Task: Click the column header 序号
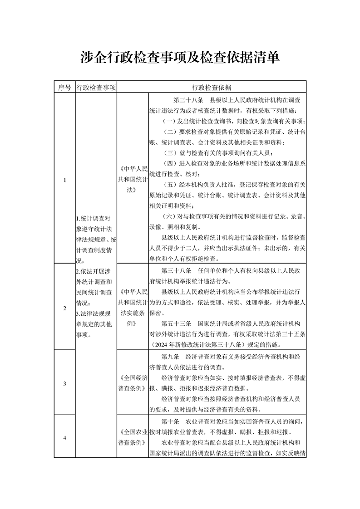click(64, 88)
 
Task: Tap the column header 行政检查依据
click(212, 88)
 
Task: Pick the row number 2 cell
click(64, 308)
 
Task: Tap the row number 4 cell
click(64, 438)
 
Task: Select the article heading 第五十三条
click(176, 324)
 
